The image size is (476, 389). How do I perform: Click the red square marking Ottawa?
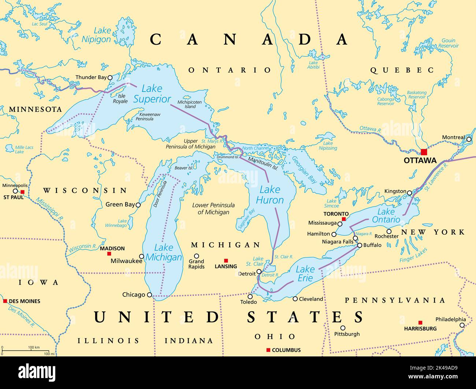(424, 152)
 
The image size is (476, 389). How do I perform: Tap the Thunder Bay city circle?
(109, 77)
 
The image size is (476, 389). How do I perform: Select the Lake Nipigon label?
(96, 35)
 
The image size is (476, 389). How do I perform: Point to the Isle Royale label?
(120, 98)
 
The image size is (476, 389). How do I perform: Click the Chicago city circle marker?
(149, 295)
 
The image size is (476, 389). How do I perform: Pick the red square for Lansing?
(226, 261)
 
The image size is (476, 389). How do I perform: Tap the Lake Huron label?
(269, 195)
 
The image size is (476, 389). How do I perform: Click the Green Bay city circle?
(138, 205)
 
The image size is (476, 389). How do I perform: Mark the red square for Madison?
(109, 254)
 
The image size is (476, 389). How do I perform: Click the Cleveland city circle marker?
(295, 299)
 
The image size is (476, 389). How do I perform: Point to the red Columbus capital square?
(268, 350)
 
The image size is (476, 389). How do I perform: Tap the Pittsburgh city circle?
(343, 328)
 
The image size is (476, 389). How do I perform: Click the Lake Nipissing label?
(328, 146)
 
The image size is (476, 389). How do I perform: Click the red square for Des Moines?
(5, 301)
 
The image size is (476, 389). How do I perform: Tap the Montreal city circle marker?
(469, 139)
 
